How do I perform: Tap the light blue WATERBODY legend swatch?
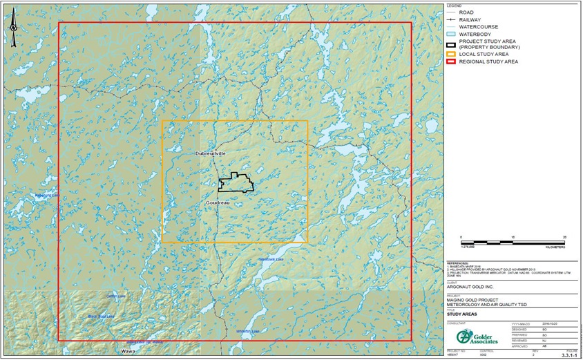(451, 33)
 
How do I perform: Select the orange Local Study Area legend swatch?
(451, 54)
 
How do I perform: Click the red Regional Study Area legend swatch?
(451, 61)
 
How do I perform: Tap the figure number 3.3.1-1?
(568, 354)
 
